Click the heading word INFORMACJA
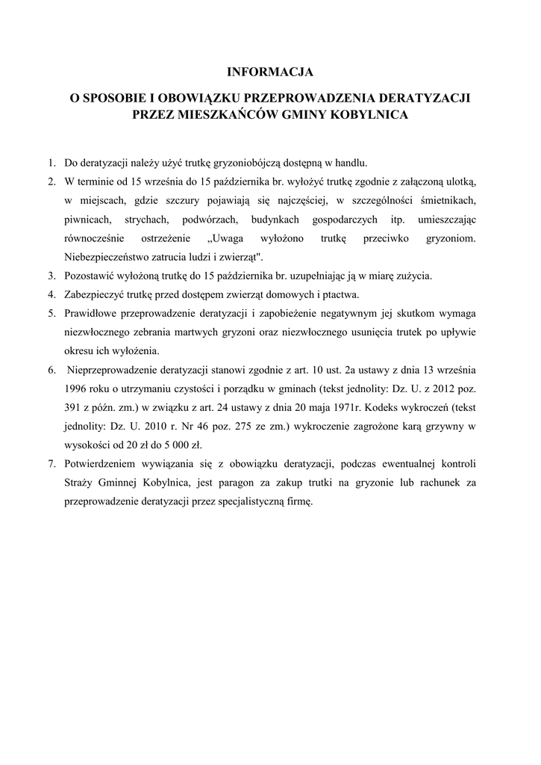coord(270,72)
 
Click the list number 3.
coord(51,276)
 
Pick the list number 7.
coord(51,464)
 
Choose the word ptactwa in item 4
coord(338,294)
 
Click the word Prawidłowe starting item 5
coord(93,313)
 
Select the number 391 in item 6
coord(75,407)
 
